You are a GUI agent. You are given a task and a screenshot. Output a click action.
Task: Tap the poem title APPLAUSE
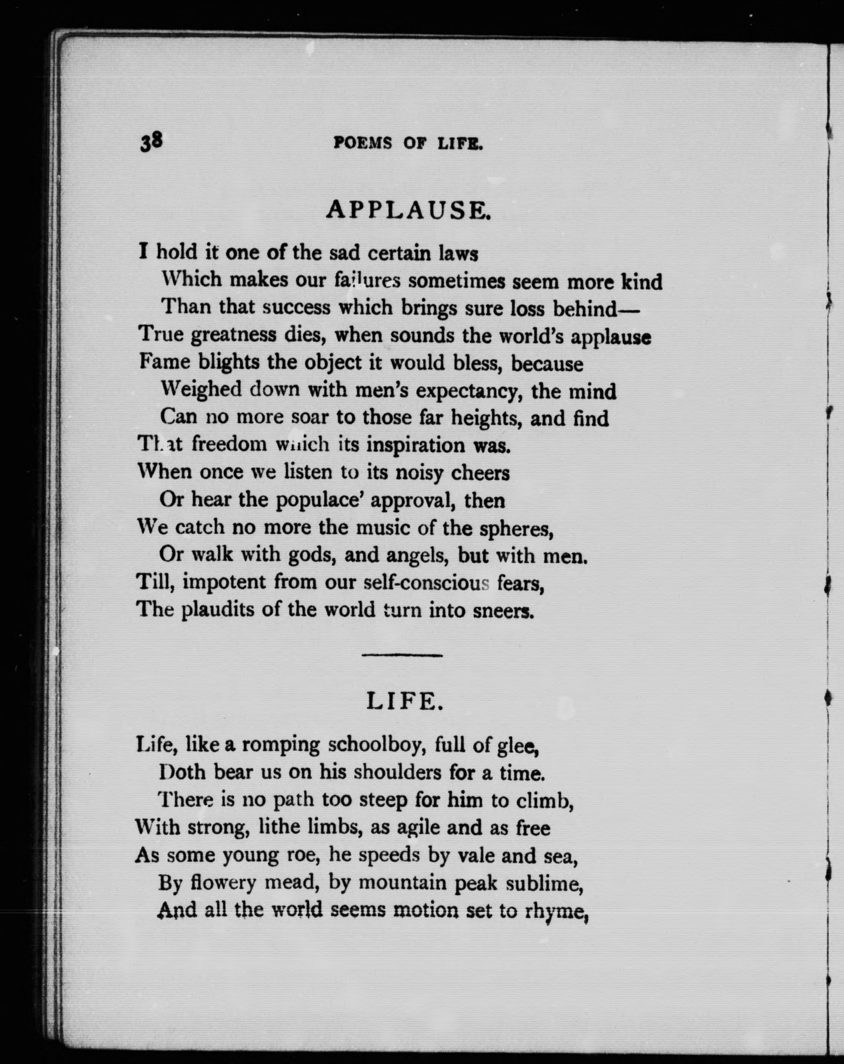pos(408,210)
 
